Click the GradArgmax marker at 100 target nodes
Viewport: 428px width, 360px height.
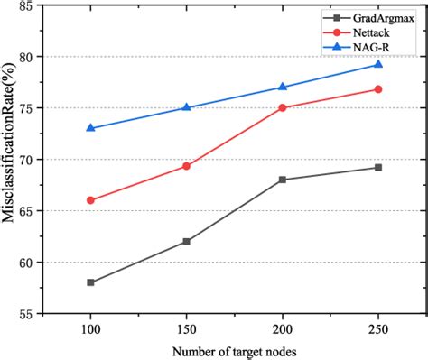90,282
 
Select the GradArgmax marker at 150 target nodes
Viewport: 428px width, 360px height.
186,241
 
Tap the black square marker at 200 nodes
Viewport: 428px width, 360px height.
283,180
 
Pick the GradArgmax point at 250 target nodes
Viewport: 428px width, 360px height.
378,167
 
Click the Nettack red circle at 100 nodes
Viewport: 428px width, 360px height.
90,200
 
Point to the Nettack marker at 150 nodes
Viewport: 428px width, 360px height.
186,166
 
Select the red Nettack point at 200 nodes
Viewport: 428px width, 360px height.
283,107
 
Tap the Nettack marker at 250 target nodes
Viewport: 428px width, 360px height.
378,89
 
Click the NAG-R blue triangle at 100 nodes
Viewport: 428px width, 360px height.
90,128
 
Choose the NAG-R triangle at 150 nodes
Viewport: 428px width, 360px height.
186,107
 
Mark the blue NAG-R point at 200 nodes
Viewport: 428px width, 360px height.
283,87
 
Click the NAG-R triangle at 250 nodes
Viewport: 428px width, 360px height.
378,64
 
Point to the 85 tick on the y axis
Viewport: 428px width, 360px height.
29,5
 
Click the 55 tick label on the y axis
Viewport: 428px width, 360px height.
29,314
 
